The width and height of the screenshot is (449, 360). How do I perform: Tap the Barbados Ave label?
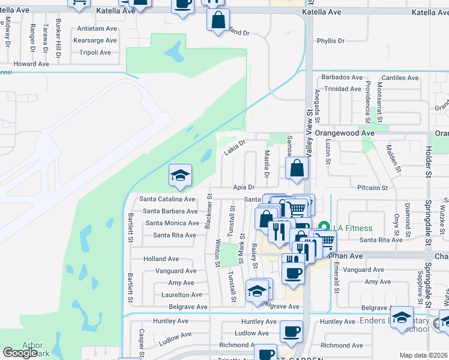pos(342,77)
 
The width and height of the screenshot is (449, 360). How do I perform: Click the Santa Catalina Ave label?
pos(167,199)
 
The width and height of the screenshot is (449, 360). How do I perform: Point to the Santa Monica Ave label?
pos(172,223)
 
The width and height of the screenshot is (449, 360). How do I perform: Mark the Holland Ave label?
pos(161,259)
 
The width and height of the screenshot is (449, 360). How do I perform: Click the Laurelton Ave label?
pos(182,295)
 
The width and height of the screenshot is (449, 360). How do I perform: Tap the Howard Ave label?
pos(31,64)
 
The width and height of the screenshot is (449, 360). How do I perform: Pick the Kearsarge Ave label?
pos(94,40)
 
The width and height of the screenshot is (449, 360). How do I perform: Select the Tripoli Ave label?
pos(95,52)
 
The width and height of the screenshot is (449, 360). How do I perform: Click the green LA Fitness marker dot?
pos(325,227)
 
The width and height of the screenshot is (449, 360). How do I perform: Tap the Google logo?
pos(20,353)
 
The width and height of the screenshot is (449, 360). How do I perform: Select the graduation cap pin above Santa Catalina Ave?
pos(180,176)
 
